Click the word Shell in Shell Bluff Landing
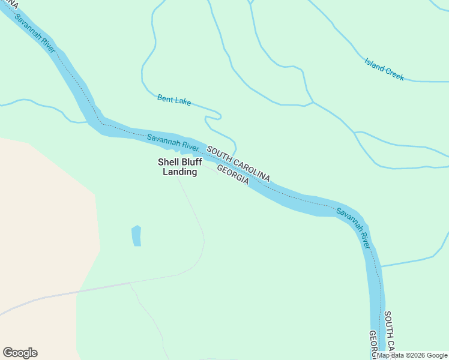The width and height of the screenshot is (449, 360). pyautogui.click(x=168, y=162)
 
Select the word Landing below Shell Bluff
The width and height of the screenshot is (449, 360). pyautogui.click(x=179, y=172)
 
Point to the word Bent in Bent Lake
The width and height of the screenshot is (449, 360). pyautogui.click(x=165, y=98)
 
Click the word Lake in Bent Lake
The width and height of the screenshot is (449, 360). pyautogui.click(x=182, y=101)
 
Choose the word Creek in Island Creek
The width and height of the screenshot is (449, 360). pyautogui.click(x=395, y=74)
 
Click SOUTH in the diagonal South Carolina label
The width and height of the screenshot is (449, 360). pyautogui.click(x=219, y=152)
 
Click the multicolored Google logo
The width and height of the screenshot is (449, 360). pyautogui.click(x=20, y=353)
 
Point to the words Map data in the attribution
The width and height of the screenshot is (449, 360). pyautogui.click(x=391, y=355)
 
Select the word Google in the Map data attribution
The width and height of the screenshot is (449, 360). pyautogui.click(x=437, y=355)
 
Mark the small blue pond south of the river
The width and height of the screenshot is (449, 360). pyautogui.click(x=136, y=236)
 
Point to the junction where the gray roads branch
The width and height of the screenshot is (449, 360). pyautogui.click(x=130, y=283)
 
